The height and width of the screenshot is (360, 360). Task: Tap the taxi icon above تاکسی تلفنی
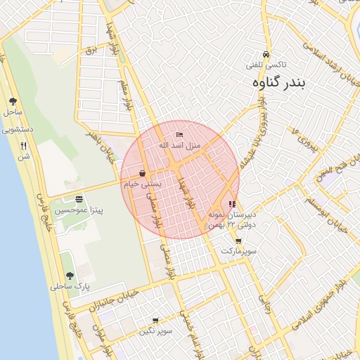point(266,54)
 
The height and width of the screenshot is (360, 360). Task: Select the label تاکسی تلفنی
point(264,65)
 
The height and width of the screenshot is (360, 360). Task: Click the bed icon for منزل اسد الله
point(179,134)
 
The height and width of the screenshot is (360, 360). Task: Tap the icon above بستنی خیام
point(143,173)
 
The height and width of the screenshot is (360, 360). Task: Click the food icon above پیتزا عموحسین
point(78,199)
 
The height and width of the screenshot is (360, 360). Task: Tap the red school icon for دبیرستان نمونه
point(233,204)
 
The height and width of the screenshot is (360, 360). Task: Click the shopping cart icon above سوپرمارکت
point(238,241)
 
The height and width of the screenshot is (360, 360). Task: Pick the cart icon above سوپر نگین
point(155,321)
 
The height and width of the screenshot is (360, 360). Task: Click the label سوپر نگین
point(155,330)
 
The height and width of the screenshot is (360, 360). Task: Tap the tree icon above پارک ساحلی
point(69,276)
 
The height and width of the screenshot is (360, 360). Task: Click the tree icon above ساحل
point(13,101)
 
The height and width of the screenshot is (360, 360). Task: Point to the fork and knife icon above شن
point(23,146)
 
